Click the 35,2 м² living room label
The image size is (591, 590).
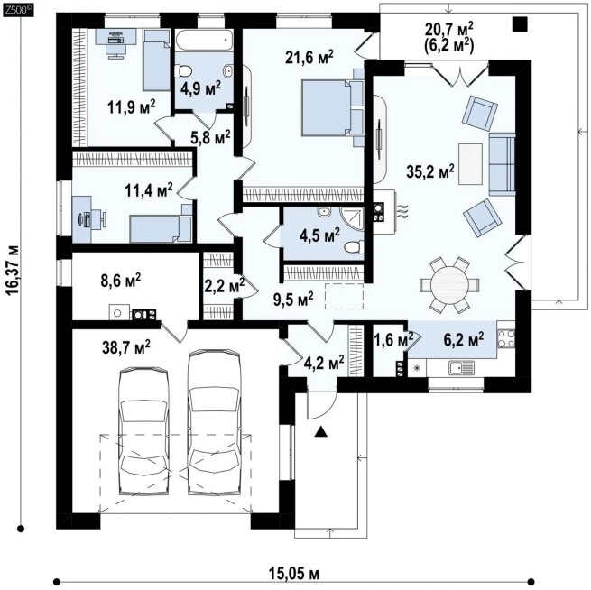(430, 171)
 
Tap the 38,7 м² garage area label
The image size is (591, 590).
(126, 346)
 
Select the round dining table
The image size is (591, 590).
(449, 284)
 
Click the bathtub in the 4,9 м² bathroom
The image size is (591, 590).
(204, 41)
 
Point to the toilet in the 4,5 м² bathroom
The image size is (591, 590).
(354, 247)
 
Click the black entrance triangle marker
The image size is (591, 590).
(320, 431)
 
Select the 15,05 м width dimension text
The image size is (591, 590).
(294, 574)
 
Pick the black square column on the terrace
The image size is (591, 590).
(520, 24)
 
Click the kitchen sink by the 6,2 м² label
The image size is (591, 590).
(462, 367)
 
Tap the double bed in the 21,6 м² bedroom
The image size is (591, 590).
(332, 107)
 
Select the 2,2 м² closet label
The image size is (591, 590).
(224, 286)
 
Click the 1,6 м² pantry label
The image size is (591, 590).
(393, 339)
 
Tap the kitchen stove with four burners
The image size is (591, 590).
(506, 338)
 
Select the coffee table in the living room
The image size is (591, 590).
(470, 164)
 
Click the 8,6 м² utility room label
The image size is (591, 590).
(121, 281)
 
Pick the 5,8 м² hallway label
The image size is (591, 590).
(210, 138)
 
